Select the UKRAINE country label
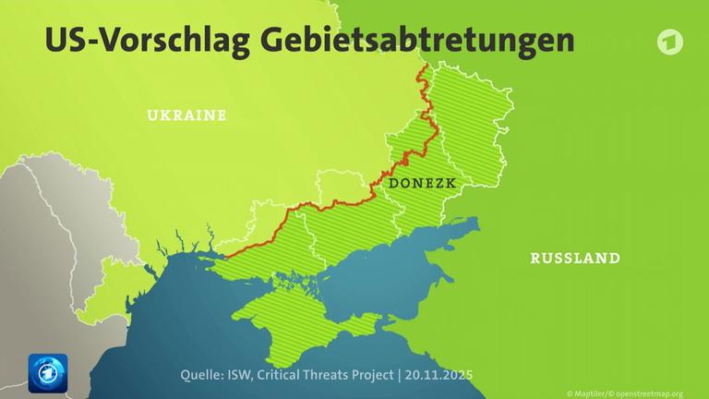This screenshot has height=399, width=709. coord(186,115)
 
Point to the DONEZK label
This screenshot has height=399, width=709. coord(424,183)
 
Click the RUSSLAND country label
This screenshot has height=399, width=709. coord(574,259)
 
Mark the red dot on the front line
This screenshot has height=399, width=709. coord(403,162)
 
